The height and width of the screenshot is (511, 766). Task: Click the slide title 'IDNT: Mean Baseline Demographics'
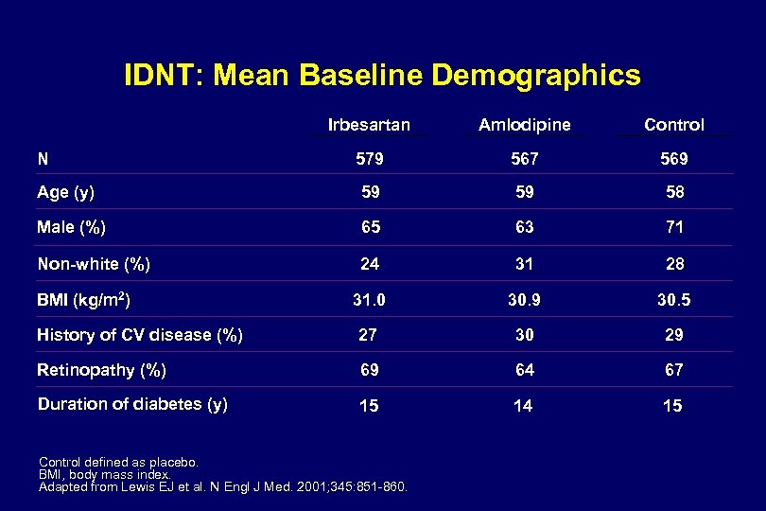click(382, 75)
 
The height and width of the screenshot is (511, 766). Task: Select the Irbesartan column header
click(369, 124)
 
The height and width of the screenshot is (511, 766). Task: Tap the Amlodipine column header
click(524, 124)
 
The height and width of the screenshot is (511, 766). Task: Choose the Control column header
click(673, 124)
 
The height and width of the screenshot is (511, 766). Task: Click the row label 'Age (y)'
click(65, 192)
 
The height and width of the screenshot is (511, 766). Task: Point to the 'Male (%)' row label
click(71, 227)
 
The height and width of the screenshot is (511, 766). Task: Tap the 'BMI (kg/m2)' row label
click(83, 301)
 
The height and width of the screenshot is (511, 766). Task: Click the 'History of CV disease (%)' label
click(139, 334)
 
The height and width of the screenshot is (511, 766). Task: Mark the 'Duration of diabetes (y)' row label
click(131, 404)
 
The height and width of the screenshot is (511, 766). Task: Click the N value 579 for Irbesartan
click(369, 159)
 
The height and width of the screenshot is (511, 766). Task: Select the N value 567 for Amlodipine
click(524, 159)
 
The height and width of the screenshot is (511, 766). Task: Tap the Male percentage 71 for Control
click(673, 227)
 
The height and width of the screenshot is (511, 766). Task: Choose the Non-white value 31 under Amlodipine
click(524, 264)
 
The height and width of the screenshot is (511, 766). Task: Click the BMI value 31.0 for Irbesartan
click(369, 301)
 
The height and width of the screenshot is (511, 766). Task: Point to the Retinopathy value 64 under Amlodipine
click(524, 370)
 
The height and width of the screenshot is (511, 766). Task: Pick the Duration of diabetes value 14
click(523, 406)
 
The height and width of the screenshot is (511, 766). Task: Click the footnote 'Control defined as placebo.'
click(118, 463)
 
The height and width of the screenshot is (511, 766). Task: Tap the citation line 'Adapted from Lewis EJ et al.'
click(223, 486)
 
